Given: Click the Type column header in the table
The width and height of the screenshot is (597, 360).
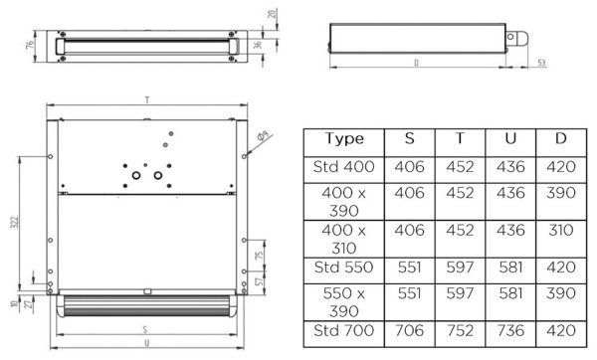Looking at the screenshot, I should click(x=344, y=139).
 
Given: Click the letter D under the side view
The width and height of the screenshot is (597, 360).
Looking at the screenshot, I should click(x=415, y=62).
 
